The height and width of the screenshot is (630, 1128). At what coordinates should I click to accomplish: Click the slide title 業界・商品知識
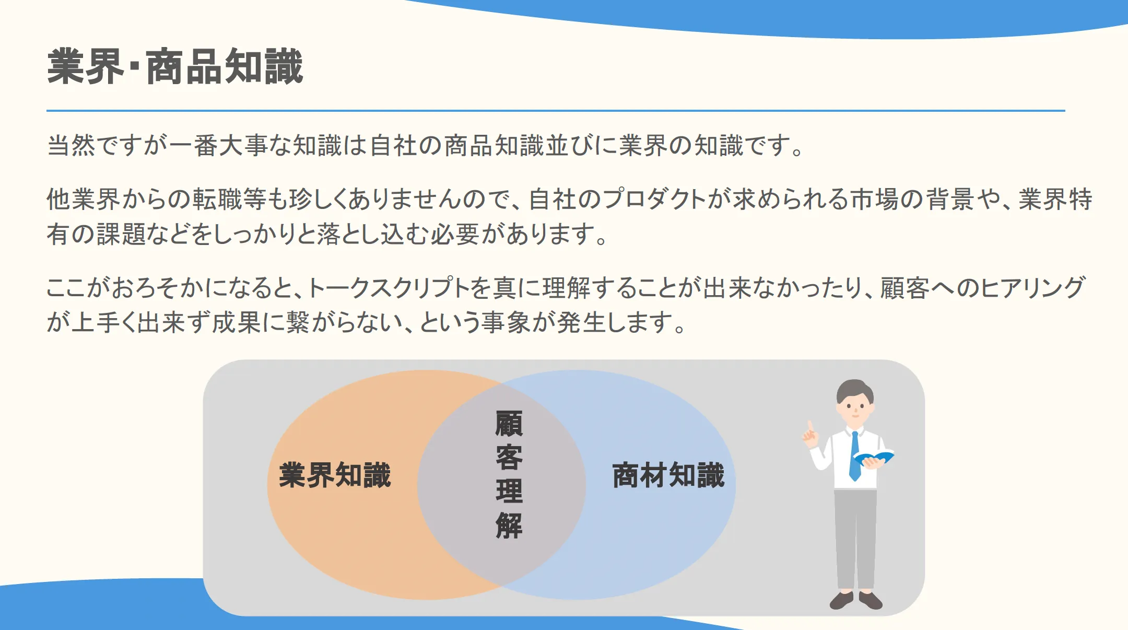pos(175,66)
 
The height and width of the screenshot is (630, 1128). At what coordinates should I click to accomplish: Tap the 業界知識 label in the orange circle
pos(335,475)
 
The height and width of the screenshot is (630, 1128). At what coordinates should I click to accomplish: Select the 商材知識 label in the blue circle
pos(668,475)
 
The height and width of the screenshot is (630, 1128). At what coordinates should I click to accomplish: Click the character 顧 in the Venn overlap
pos(509,424)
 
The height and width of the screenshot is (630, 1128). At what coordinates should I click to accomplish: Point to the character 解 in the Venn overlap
pos(509,526)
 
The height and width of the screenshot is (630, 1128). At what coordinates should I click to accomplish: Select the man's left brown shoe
pos(841,601)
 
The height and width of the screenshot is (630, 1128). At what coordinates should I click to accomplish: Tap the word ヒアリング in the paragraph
pos(1033,288)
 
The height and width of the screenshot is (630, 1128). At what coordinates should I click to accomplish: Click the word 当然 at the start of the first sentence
pos(71,145)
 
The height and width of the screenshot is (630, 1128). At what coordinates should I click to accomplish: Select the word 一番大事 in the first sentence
pos(218,145)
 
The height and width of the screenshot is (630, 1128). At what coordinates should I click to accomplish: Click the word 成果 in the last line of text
pos(237,322)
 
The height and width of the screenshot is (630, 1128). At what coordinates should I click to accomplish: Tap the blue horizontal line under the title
pos(556,111)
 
